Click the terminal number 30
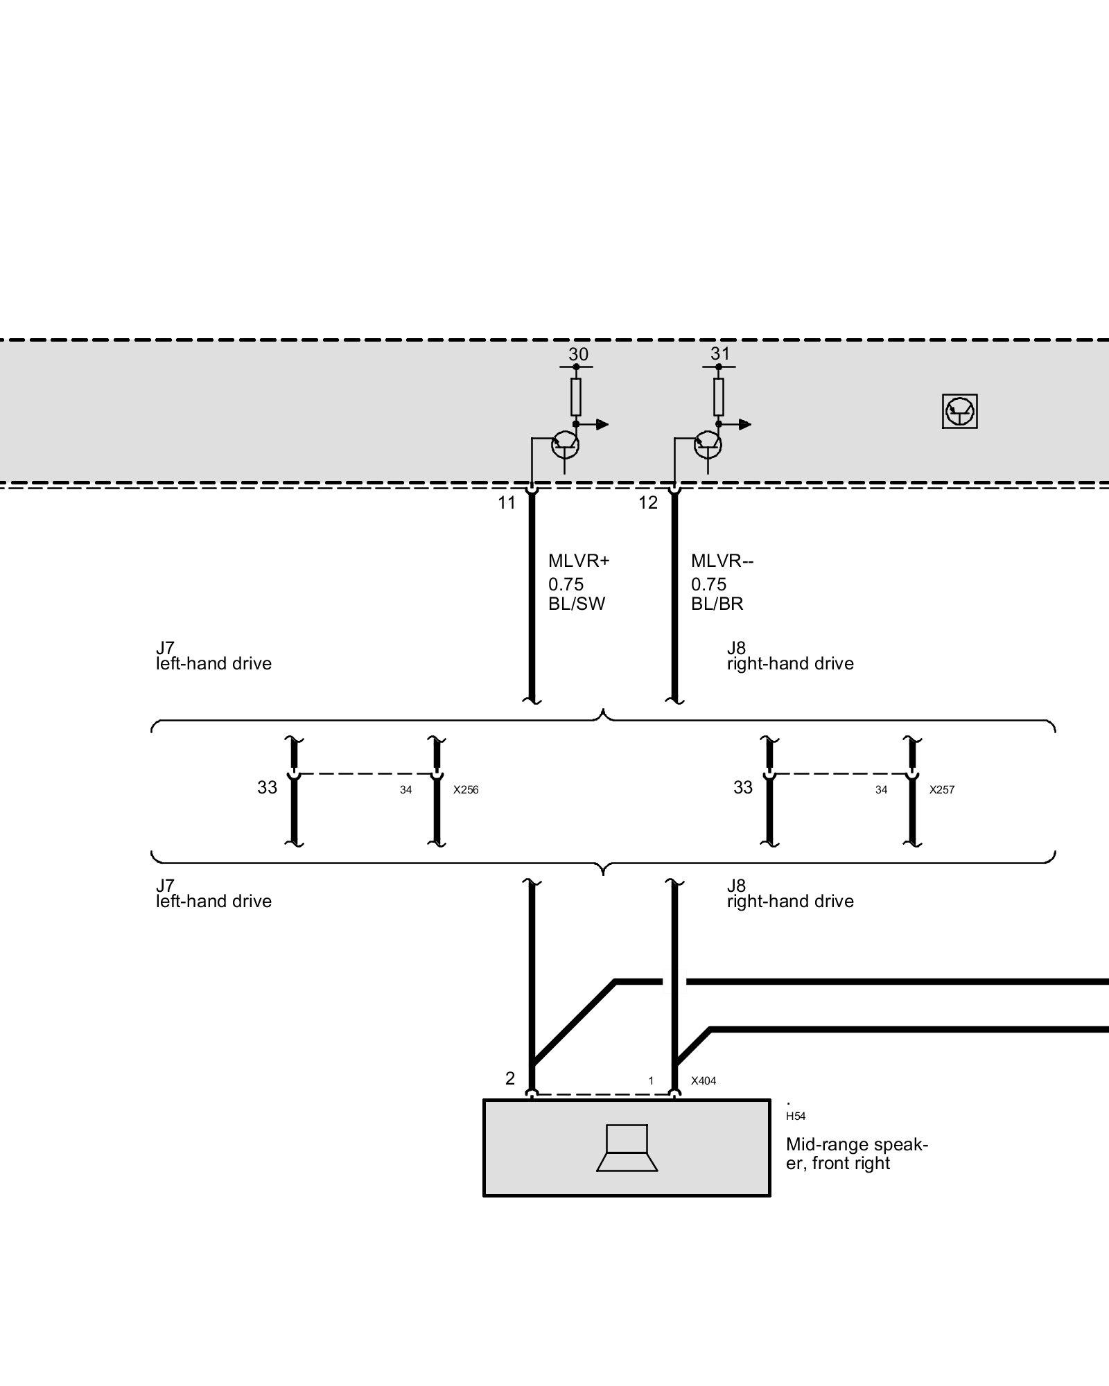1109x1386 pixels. (578, 355)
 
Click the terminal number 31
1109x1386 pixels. (720, 354)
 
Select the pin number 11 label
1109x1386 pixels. (507, 503)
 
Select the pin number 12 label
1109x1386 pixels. (648, 503)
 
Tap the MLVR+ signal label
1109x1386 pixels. (578, 561)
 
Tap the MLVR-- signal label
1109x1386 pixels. (722, 561)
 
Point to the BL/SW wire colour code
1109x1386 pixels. (577, 604)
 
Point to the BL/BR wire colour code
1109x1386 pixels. (717, 604)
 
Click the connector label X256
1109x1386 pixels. (466, 790)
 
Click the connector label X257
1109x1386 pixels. (941, 790)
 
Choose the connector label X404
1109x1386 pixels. (704, 1080)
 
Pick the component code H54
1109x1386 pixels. (796, 1116)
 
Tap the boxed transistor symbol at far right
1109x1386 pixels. (960, 412)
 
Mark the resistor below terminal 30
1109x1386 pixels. (576, 397)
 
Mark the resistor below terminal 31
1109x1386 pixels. (719, 397)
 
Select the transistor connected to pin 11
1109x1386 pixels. (565, 445)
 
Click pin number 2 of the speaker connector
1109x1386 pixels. (510, 1078)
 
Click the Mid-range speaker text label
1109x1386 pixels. (857, 1153)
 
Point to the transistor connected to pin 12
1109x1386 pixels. (708, 445)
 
